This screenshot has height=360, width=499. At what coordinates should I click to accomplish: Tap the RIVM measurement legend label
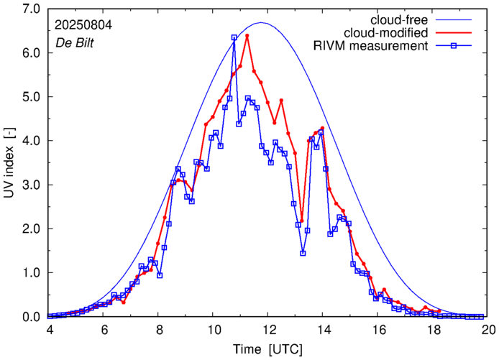point(372,47)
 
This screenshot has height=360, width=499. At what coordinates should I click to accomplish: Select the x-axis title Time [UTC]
point(268,350)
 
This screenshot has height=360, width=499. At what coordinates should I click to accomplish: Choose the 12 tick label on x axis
point(268,330)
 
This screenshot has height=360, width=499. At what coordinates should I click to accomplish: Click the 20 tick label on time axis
point(488,330)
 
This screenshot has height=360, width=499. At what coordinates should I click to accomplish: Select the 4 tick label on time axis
point(48,330)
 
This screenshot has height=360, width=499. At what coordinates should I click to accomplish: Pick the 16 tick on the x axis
point(378,330)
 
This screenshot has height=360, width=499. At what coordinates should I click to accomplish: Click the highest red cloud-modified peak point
point(247,35)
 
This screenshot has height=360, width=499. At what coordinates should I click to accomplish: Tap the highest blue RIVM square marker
point(234,37)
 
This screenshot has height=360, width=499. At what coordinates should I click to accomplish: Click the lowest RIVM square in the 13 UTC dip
point(303,253)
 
